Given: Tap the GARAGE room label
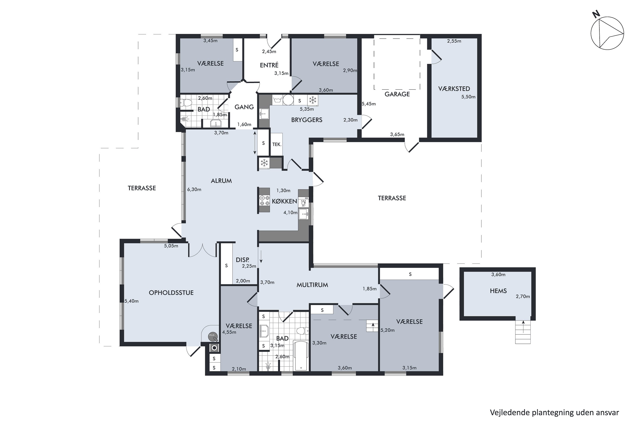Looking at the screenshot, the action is click(397, 94).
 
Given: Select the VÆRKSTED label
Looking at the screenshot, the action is click(454, 89).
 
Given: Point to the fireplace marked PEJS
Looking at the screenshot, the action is click(213, 337).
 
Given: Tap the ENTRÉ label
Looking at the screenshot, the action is click(269, 65).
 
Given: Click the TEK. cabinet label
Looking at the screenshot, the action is click(277, 144).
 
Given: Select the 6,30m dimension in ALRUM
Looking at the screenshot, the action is click(194, 189).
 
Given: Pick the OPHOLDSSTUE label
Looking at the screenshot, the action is click(171, 293).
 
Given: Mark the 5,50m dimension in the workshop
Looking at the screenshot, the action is click(468, 97).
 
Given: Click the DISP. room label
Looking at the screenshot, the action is click(242, 260).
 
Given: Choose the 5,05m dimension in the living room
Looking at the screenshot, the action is click(171, 246).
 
